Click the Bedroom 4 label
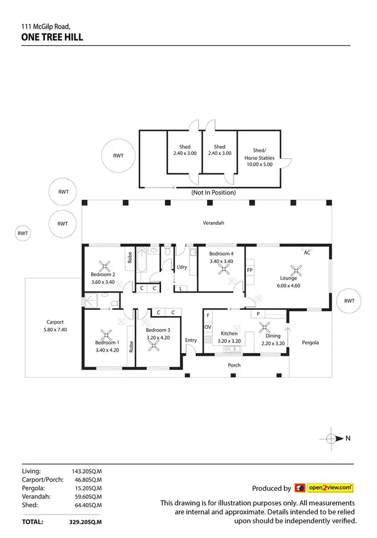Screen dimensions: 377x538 221,254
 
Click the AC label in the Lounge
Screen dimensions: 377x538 307,253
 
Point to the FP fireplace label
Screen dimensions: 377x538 250,270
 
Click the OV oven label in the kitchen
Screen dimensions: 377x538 208,327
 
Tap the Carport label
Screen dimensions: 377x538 55,322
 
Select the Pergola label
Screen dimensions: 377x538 310,342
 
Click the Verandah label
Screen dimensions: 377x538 213,223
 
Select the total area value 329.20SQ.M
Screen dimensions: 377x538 85,522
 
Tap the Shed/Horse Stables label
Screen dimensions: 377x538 259,154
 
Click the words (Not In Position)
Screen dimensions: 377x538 213,193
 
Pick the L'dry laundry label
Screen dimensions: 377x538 181,267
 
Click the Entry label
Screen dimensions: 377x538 191,340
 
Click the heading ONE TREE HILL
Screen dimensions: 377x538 52,37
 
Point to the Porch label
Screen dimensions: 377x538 234,365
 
